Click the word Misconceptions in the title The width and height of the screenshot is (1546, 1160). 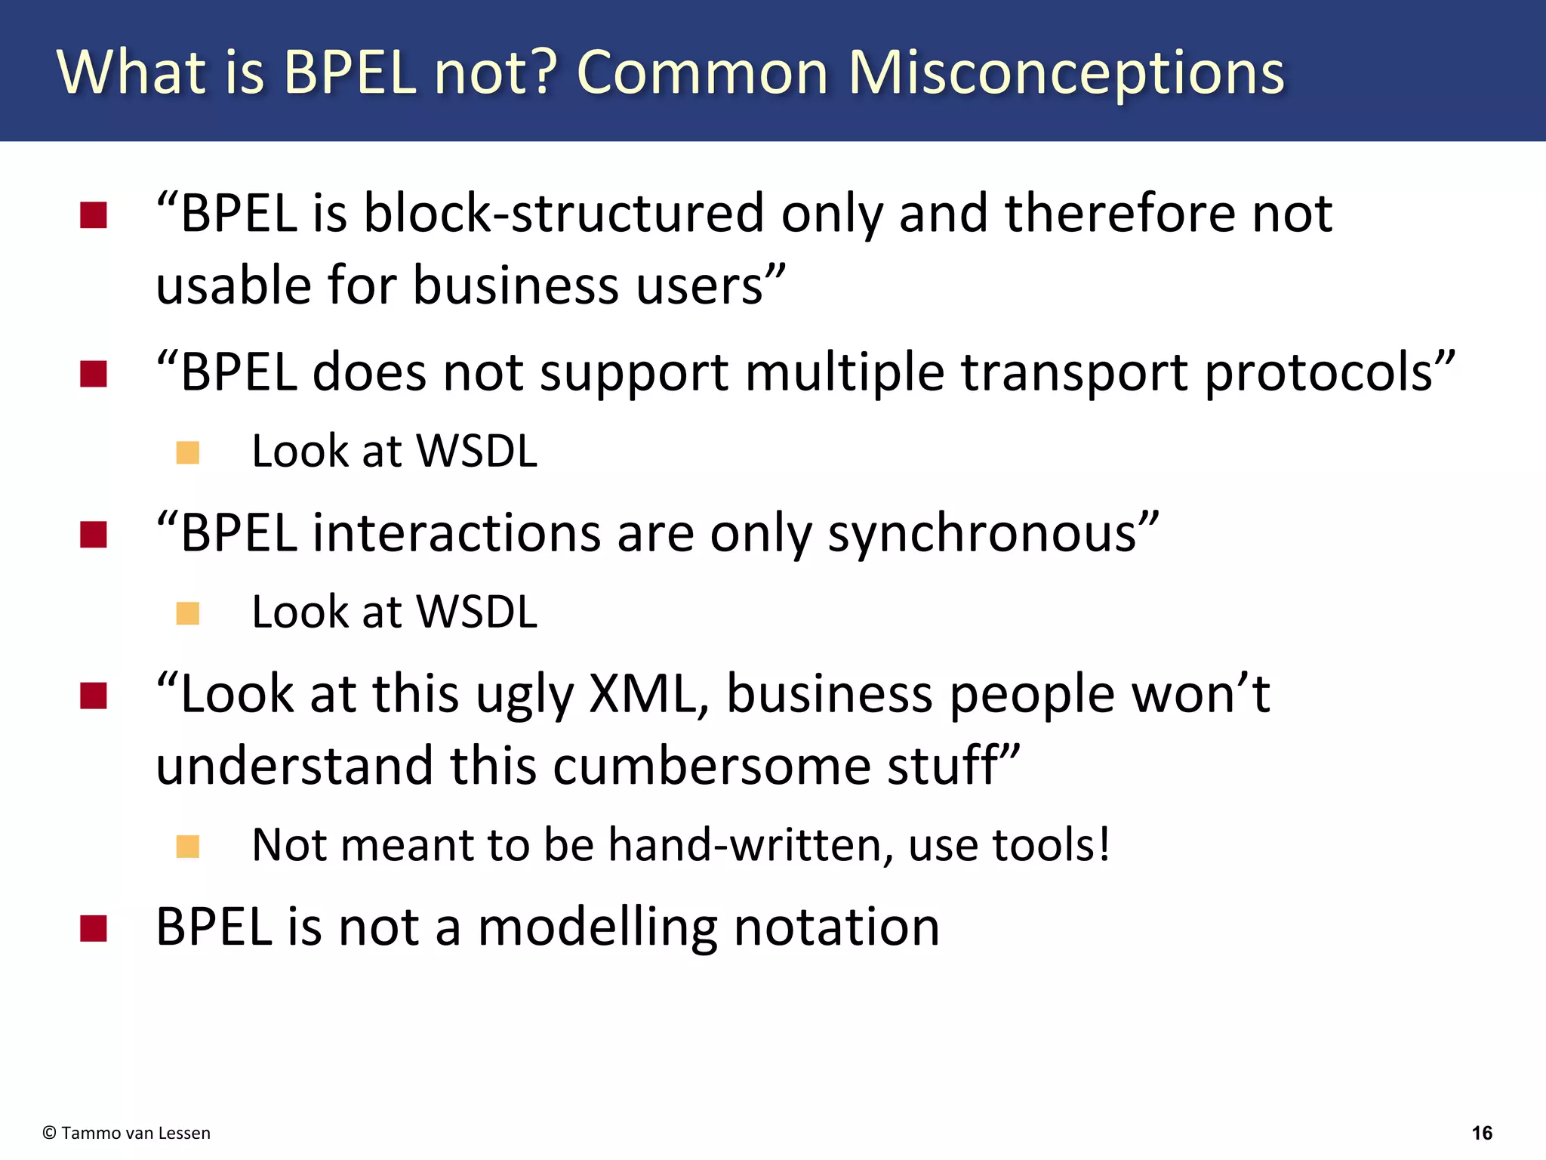(1065, 73)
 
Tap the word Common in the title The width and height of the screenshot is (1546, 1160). (702, 73)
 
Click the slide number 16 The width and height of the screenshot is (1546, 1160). (1481, 1133)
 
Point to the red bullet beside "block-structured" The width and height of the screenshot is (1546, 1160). (94, 215)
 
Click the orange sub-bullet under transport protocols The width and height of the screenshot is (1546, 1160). (187, 452)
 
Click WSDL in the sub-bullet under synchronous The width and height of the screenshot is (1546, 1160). (476, 612)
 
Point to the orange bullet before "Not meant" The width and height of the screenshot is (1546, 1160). (187, 846)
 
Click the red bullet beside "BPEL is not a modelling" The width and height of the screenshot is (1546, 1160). (94, 928)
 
